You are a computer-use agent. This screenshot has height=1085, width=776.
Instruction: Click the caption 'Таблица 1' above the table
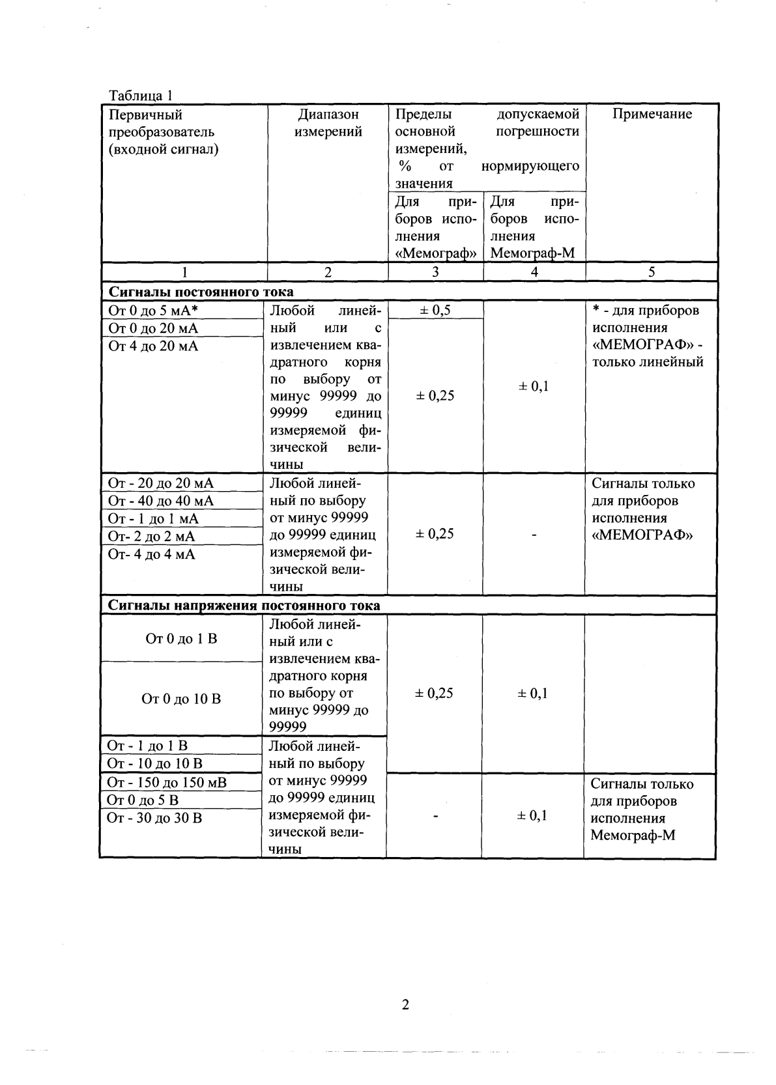(x=140, y=95)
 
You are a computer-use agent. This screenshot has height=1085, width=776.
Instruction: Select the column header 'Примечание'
(x=652, y=114)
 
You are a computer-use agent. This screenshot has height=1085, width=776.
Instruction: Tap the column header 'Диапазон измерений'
(x=328, y=123)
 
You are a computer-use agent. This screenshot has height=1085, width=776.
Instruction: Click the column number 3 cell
(x=435, y=272)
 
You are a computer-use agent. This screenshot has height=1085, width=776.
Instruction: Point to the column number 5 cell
(x=652, y=272)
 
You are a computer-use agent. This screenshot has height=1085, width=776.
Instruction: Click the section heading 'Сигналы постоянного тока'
(x=201, y=292)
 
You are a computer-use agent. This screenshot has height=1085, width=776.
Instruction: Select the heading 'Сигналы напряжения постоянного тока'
(x=244, y=605)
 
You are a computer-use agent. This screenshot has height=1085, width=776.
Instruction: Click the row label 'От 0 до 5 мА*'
(x=152, y=311)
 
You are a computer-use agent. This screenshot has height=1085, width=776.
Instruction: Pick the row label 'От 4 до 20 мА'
(x=153, y=346)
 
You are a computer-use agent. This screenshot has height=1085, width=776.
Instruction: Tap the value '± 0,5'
(x=435, y=310)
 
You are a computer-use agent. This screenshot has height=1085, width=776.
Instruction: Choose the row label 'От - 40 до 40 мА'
(x=160, y=501)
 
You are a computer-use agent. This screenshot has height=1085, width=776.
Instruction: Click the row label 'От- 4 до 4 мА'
(x=151, y=554)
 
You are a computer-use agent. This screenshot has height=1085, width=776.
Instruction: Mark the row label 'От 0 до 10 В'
(x=181, y=699)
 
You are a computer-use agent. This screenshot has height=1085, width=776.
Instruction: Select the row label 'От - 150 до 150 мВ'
(x=167, y=782)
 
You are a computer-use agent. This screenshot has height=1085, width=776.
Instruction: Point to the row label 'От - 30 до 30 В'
(x=154, y=817)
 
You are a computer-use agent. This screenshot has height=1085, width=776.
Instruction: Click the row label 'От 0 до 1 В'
(x=181, y=639)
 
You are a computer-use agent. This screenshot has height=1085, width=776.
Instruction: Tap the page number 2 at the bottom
(x=405, y=1004)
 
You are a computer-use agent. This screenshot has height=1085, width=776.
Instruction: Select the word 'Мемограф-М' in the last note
(x=633, y=835)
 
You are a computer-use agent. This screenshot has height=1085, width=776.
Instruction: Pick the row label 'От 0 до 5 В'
(x=143, y=800)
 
